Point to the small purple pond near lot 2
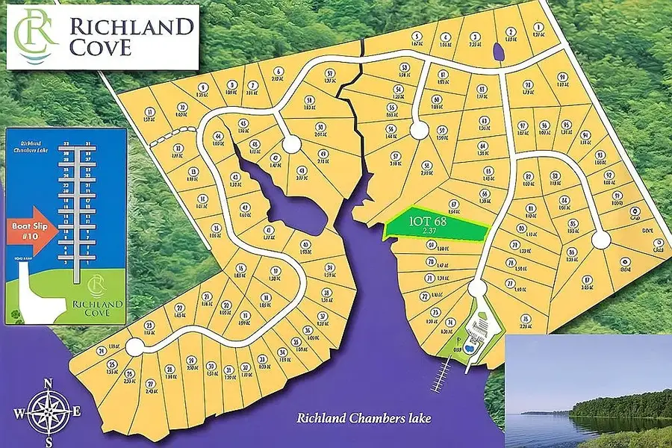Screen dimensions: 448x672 [x=498, y=52]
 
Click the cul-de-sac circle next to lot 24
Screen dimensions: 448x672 [x=134, y=346]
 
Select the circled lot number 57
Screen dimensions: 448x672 [x=329, y=73]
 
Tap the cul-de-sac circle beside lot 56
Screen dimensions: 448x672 [x=420, y=131]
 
